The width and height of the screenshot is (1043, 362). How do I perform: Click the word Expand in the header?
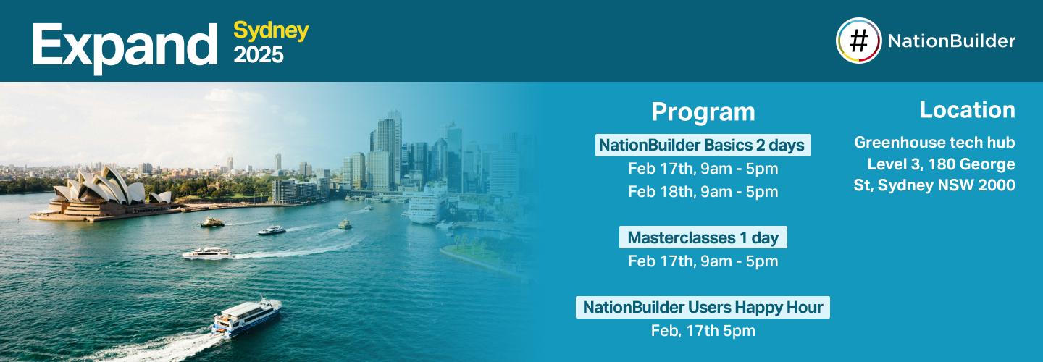click(x=124, y=45)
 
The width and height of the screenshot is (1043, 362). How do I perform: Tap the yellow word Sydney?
click(x=271, y=30)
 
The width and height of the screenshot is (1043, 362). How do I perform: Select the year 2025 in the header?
click(x=258, y=55)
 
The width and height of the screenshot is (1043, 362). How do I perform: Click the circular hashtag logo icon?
click(x=858, y=41)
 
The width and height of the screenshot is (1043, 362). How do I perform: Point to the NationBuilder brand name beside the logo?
click(x=951, y=41)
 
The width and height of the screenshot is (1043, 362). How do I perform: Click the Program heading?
click(x=703, y=112)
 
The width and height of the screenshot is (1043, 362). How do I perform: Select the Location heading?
click(x=967, y=110)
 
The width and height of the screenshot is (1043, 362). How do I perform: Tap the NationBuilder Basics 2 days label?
click(x=702, y=145)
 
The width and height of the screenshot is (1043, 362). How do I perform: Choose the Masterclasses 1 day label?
click(x=703, y=237)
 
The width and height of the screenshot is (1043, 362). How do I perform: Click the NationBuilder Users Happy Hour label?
click(x=703, y=307)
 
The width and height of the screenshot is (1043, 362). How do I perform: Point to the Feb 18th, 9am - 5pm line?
click(x=703, y=192)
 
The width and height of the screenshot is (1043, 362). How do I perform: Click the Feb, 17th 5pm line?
click(x=703, y=331)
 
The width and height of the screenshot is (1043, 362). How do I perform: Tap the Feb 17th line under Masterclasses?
click(x=703, y=261)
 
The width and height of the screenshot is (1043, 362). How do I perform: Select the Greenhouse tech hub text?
click(x=934, y=142)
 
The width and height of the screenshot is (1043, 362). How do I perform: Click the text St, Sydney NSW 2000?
click(x=934, y=185)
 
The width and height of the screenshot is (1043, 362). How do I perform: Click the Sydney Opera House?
click(x=101, y=192)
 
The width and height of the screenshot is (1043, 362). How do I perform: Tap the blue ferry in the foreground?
click(x=246, y=317)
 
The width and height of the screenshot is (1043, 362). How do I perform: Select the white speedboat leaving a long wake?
click(x=206, y=253)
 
